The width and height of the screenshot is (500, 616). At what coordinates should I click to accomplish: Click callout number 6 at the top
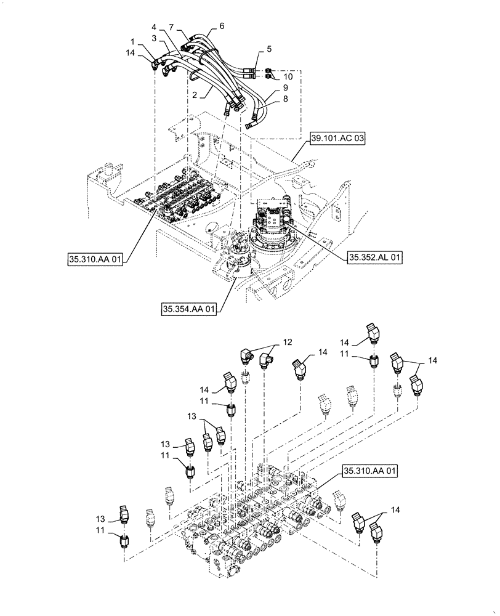pyautogui.click(x=222, y=26)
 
